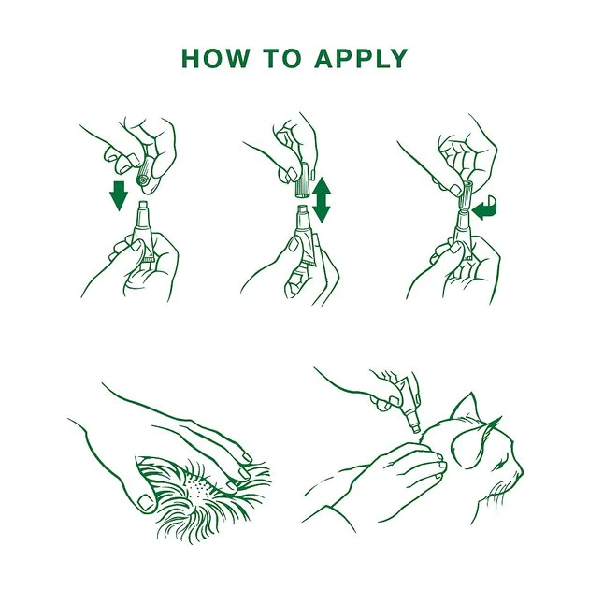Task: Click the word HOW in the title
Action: (x=216, y=58)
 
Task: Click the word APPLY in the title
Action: (x=361, y=58)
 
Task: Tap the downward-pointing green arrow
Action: (x=119, y=195)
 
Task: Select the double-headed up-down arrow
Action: (x=322, y=200)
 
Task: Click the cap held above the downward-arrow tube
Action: (x=146, y=174)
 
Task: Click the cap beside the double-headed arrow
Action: (x=303, y=180)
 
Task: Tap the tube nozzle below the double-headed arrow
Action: (x=302, y=216)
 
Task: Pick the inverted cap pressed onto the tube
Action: (x=465, y=195)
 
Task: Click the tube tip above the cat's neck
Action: (x=416, y=427)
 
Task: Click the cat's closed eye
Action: (x=499, y=466)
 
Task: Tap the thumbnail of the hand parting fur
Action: (x=146, y=502)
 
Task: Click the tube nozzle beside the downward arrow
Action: (x=143, y=213)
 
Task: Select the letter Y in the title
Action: (x=397, y=58)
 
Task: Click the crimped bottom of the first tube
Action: (x=149, y=259)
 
